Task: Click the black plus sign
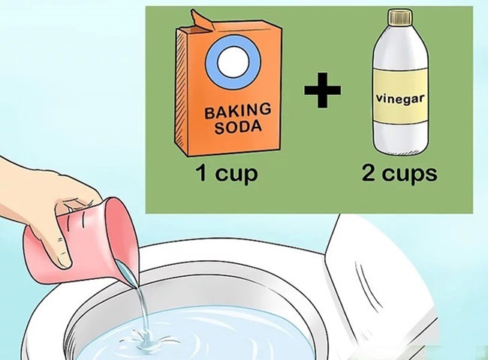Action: tap(322, 91)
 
